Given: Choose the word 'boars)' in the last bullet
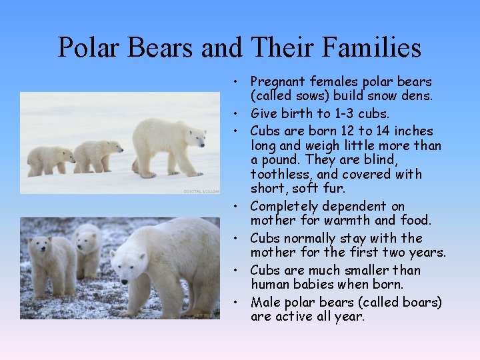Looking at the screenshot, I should tap(421, 303).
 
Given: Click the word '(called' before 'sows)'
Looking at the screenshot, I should tap(273, 96).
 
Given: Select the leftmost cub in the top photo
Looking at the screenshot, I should tap(51, 161).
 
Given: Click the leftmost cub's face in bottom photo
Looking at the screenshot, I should tap(41, 246).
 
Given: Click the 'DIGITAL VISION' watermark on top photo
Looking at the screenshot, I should tap(201, 191).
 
